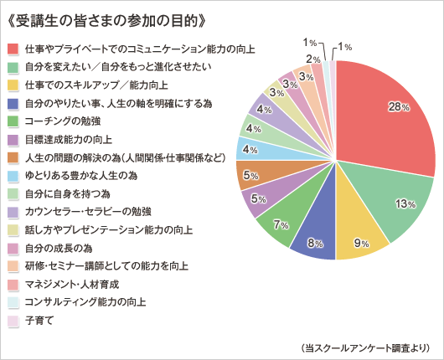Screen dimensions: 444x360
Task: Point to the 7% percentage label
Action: click(x=281, y=225)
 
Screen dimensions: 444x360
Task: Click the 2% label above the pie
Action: click(x=313, y=59)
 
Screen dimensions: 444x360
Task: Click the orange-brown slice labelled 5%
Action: click(x=263, y=173)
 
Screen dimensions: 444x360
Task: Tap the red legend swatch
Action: click(x=13, y=49)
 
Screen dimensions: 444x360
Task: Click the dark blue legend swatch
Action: click(x=13, y=104)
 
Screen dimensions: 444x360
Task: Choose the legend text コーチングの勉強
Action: click(x=63, y=121)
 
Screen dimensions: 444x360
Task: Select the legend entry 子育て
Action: click(x=39, y=321)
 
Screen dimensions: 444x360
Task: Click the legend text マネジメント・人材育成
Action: click(x=72, y=285)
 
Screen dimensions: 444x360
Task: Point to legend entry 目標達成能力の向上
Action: click(x=69, y=140)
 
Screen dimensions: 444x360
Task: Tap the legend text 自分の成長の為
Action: click(x=59, y=248)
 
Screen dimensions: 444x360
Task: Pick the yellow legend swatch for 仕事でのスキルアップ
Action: click(x=13, y=85)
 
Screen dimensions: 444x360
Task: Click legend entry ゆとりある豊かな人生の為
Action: click(x=81, y=176)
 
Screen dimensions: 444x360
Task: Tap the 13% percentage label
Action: click(x=405, y=203)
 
